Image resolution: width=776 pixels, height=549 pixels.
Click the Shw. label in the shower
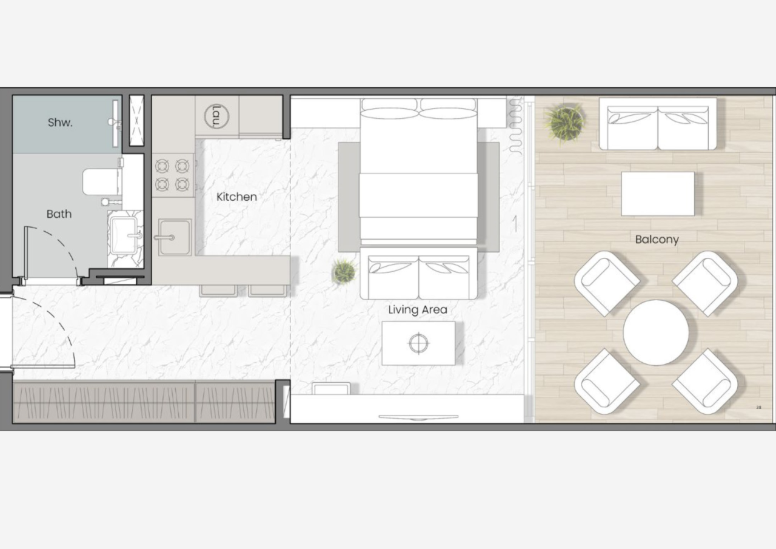tap(60, 123)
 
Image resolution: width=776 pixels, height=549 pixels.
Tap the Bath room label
tap(59, 214)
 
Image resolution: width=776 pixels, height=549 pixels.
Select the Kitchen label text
tap(236, 197)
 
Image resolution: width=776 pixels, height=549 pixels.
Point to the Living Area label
tap(418, 310)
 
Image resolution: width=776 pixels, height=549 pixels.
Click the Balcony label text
tap(657, 240)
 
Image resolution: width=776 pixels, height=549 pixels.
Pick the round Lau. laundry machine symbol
tap(216, 116)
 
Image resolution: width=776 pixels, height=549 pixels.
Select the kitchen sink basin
tap(175, 237)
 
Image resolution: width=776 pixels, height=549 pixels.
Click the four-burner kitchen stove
tap(172, 175)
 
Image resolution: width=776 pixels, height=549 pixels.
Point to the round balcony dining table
tap(656, 332)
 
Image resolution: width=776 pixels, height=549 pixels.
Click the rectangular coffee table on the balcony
tap(658, 194)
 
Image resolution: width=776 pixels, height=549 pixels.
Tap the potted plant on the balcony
tap(564, 123)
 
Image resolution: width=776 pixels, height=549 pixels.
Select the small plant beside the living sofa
tap(344, 271)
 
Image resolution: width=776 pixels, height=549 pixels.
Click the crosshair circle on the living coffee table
tap(418, 343)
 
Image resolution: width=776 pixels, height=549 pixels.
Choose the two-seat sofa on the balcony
tap(658, 124)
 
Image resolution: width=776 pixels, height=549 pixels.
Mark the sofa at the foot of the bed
tap(418, 273)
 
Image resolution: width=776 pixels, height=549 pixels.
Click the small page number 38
tap(758, 407)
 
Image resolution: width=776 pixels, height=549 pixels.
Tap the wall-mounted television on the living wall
tap(418, 417)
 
